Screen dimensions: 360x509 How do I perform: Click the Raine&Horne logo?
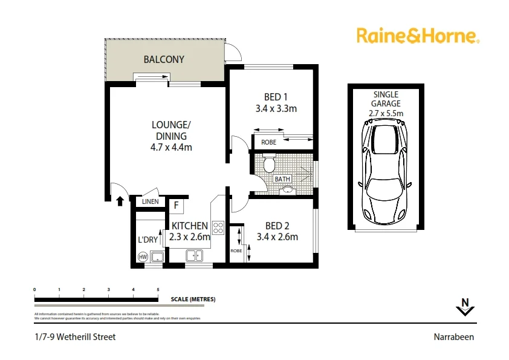point(417,36)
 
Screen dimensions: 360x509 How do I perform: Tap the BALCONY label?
point(163,59)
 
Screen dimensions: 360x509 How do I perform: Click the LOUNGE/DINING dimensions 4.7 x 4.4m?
point(171,147)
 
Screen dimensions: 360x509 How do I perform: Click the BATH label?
point(282,179)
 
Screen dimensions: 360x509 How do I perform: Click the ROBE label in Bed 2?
point(236,250)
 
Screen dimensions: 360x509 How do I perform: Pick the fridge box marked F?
point(176,205)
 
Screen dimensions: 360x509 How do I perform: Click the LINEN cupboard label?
point(151,202)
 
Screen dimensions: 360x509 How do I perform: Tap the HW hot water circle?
point(143,257)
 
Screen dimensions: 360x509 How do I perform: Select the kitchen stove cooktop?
point(218,228)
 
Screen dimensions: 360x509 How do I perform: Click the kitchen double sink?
point(195,256)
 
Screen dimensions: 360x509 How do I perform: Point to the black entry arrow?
point(120,200)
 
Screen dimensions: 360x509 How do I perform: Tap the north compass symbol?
point(464,307)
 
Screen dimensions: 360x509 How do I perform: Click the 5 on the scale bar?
point(158,290)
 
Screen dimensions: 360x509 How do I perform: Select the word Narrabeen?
point(453,337)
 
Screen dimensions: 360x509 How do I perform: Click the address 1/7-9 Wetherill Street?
point(75,337)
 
